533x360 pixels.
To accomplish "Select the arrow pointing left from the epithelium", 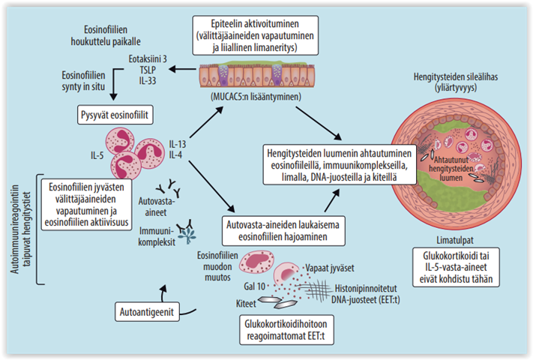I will tap(180, 70).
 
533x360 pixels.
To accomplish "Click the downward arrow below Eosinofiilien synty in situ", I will tap(113, 88).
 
